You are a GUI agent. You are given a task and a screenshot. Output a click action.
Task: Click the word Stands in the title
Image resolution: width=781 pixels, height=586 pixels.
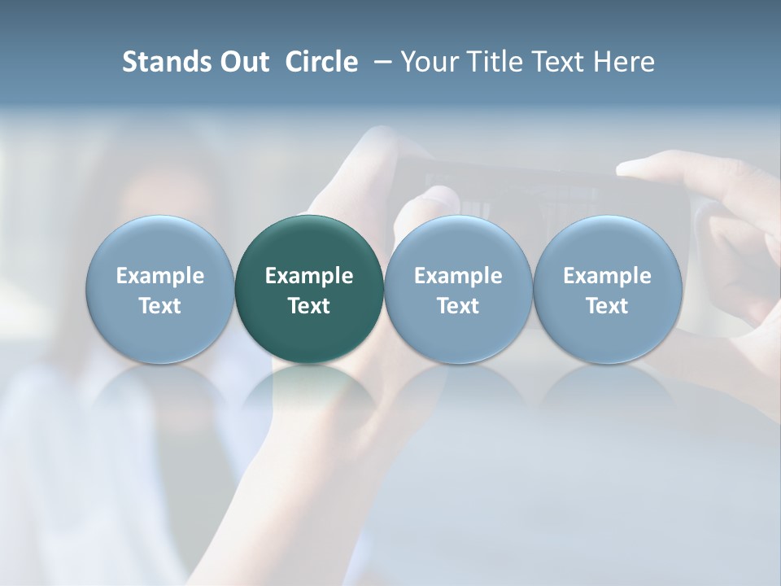[163, 62]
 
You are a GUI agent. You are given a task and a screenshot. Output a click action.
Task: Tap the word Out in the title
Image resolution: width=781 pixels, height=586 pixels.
[242, 62]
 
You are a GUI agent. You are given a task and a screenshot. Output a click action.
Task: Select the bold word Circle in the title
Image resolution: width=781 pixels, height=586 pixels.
[321, 62]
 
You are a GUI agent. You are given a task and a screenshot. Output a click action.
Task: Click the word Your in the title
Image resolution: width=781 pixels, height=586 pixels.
[429, 62]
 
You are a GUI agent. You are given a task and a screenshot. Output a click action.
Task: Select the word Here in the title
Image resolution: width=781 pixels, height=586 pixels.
[624, 62]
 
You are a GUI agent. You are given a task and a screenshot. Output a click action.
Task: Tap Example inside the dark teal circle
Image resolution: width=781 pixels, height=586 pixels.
[309, 276]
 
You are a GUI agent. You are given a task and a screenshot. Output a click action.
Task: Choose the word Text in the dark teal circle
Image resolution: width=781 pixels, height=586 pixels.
[309, 306]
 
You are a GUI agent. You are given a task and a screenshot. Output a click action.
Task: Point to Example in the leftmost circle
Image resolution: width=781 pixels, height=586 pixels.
[159, 276]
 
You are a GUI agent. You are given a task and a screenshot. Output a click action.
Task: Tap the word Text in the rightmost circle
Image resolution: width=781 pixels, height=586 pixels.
[608, 306]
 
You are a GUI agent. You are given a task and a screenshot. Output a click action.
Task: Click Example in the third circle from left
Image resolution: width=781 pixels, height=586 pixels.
[458, 276]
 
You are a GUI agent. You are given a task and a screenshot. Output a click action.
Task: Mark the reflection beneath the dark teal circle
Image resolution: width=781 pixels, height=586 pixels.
[309, 395]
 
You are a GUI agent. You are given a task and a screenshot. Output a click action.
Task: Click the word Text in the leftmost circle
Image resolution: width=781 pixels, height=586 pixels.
[159, 306]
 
